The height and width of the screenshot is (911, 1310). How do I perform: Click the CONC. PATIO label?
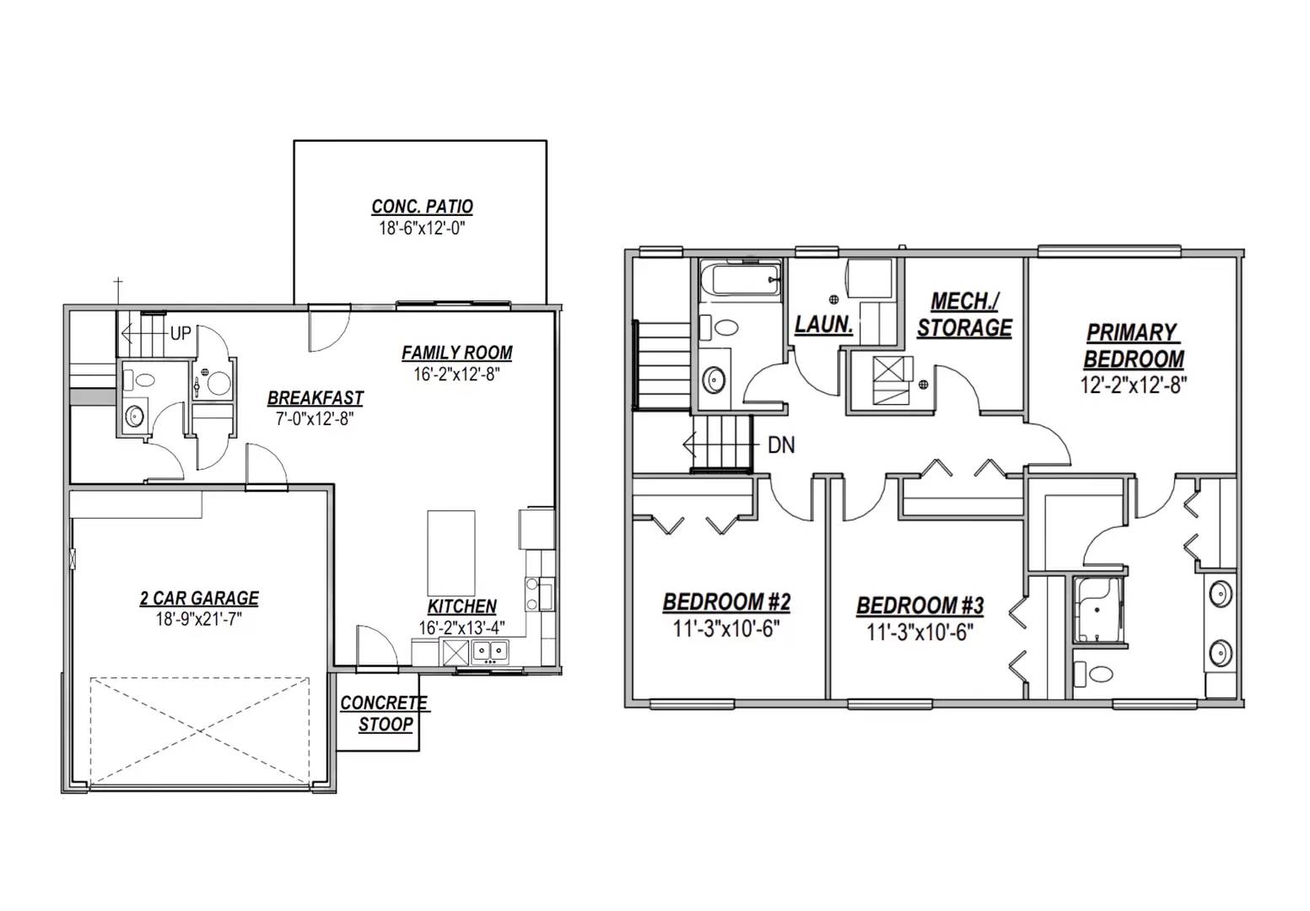(422, 207)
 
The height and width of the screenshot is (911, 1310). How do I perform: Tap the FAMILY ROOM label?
(456, 353)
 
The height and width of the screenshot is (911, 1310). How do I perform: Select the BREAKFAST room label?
(315, 398)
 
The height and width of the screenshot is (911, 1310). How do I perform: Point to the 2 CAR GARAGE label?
(199, 598)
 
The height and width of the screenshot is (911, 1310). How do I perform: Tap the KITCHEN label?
(461, 606)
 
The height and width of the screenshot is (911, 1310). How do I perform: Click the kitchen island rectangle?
(450, 553)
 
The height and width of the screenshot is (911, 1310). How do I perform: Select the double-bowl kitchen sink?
(489, 650)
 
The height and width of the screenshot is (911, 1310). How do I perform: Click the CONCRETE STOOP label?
(385, 714)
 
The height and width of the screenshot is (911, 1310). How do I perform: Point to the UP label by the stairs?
(181, 333)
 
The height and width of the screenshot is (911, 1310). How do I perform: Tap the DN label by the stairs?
(781, 445)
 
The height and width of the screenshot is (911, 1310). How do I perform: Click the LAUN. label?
(823, 324)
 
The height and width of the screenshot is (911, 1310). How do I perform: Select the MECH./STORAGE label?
(964, 315)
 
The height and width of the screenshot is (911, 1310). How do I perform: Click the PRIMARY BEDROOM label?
(1133, 346)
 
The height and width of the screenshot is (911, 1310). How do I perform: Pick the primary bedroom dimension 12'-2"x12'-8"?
(1133, 385)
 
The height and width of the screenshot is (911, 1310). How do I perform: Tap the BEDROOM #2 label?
(726, 602)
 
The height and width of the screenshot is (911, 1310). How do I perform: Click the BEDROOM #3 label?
(919, 606)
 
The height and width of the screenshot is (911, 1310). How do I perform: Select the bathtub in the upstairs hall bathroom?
(741, 278)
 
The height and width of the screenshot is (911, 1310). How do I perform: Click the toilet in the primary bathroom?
(1094, 673)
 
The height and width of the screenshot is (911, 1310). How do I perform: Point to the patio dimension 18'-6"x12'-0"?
(422, 229)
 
